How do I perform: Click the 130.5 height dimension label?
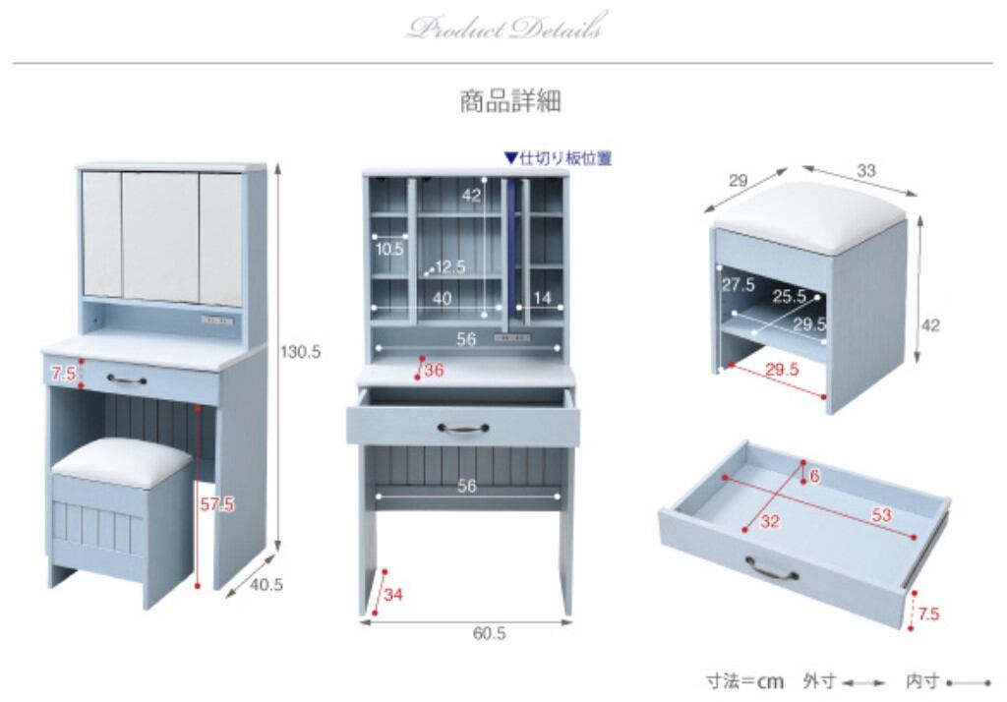tap(301, 351)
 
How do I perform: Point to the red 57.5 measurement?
tap(216, 504)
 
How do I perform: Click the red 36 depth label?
tap(434, 371)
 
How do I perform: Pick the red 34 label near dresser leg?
tap(393, 594)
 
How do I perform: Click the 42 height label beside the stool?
tap(929, 325)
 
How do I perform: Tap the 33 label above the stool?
tap(865, 171)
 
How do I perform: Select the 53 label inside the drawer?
tap(879, 515)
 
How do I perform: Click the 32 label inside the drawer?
tap(769, 522)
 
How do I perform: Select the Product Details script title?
tap(503, 29)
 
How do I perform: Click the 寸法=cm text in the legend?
tap(744, 680)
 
